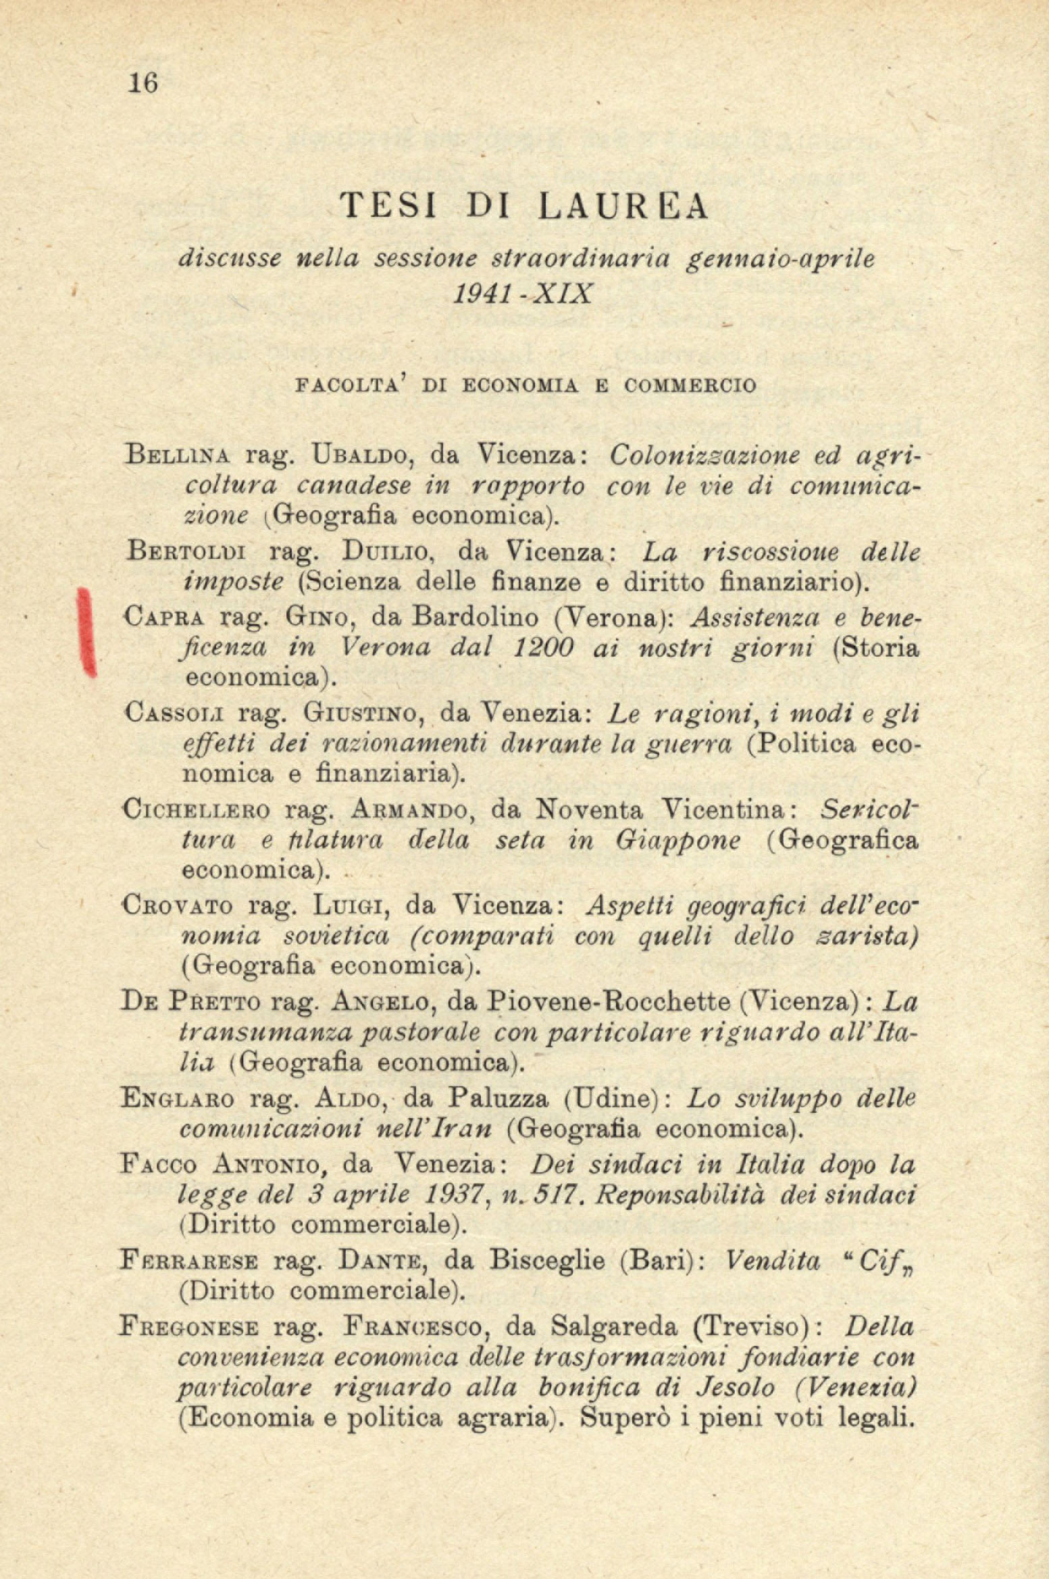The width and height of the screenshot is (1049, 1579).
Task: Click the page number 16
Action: tap(142, 83)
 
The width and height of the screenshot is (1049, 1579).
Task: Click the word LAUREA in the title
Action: tap(623, 207)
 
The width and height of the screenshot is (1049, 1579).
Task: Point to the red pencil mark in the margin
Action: tap(86, 631)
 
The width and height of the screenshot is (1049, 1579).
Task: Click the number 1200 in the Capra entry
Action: tap(543, 648)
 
